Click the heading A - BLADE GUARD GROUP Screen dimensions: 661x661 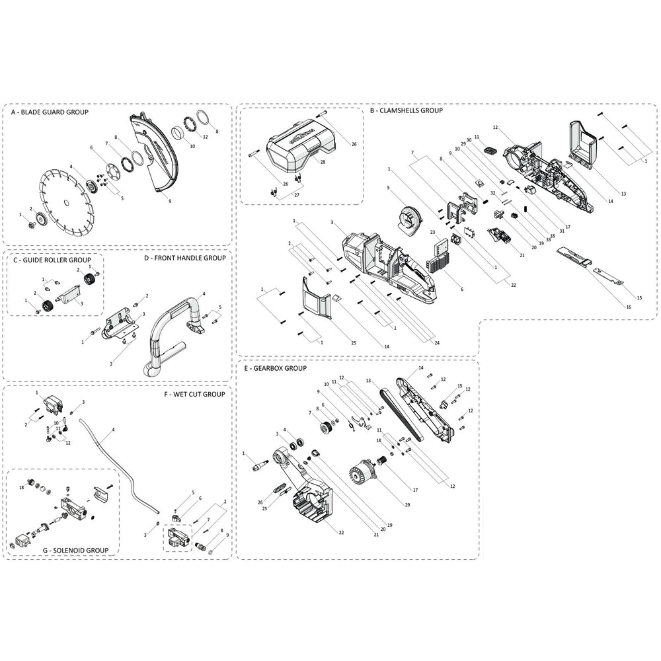point(50,113)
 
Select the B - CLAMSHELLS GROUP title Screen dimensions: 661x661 point(406,111)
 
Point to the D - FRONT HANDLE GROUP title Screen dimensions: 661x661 point(185,258)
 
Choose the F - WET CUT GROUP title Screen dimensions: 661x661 point(195,395)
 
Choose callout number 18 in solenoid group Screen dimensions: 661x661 point(22,487)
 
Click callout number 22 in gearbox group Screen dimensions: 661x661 point(341,532)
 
